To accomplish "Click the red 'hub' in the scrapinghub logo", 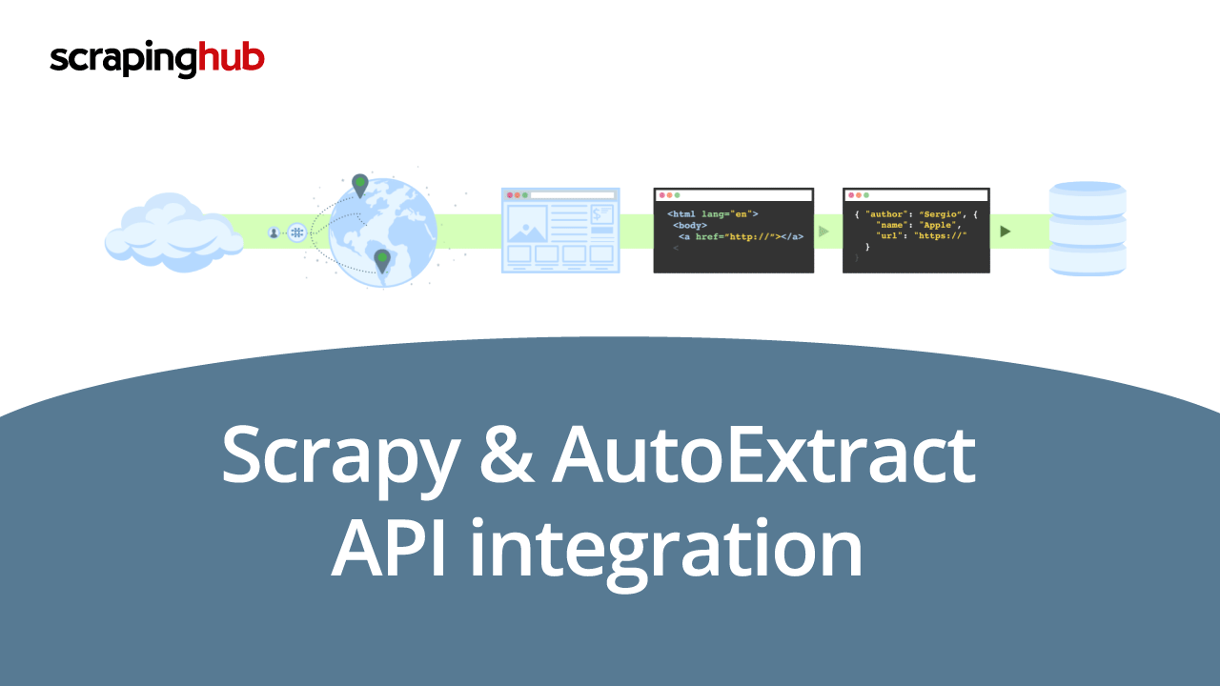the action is [231, 56].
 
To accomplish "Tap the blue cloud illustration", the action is [173, 232].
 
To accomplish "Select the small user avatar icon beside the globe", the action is [274, 233].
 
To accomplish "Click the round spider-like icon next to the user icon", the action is [296, 233].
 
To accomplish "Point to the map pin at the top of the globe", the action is [360, 185].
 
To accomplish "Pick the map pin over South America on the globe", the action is [382, 261].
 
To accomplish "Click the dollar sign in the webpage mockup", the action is [597, 214].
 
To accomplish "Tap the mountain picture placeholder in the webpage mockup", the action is [527, 224].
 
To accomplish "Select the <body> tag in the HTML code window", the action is [690, 225].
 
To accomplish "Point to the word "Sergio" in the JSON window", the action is [940, 214].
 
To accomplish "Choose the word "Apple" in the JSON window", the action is [938, 225].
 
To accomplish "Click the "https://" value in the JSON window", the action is [940, 235].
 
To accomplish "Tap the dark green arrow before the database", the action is [1006, 232].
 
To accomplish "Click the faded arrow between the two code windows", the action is [823, 232].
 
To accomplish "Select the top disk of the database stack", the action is [1088, 198].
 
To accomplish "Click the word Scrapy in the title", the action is [341, 456].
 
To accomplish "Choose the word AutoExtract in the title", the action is [763, 455].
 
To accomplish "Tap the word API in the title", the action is [389, 549].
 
